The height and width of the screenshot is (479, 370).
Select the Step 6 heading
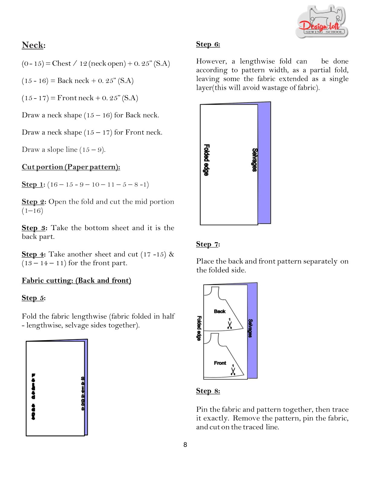pyautogui.click(x=208, y=44)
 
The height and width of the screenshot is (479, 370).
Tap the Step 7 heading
pyautogui.click(x=208, y=244)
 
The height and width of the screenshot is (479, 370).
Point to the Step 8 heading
pyautogui.click(x=208, y=391)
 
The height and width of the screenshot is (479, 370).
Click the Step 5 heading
pyautogui.click(x=33, y=298)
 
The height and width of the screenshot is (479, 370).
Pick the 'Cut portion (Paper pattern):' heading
pyautogui.click(x=71, y=167)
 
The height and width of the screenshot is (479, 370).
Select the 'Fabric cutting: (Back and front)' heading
pyautogui.click(x=76, y=280)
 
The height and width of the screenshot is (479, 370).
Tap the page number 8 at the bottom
pyautogui.click(x=185, y=445)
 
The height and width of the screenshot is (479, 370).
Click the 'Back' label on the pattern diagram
pyautogui.click(x=220, y=311)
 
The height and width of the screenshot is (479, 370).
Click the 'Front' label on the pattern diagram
pyautogui.click(x=220, y=363)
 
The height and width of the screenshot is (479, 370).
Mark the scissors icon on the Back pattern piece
pyautogui.click(x=230, y=324)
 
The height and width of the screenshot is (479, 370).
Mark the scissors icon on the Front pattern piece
pyautogui.click(x=233, y=370)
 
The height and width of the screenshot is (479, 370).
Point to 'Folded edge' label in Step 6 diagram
pyautogui.click(x=206, y=160)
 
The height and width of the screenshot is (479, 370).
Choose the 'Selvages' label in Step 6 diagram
pyautogui.click(x=255, y=160)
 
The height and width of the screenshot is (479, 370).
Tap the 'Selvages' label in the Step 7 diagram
pyautogui.click(x=250, y=328)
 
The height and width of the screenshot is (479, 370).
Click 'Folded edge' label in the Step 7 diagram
pyautogui.click(x=199, y=328)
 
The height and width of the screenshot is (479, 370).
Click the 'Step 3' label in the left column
pyautogui.click(x=33, y=228)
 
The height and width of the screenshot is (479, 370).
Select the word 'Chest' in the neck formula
pyautogui.click(x=61, y=64)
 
